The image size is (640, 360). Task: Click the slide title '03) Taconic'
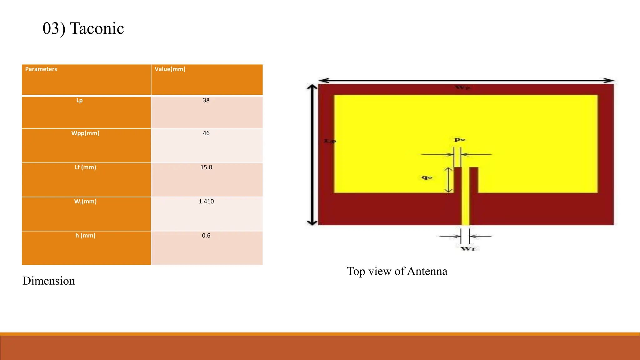pyautogui.click(x=83, y=28)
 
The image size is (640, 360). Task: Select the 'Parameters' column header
pyautogui.click(x=41, y=69)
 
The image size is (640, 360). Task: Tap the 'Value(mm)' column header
pyautogui.click(x=170, y=69)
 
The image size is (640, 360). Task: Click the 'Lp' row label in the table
pyautogui.click(x=79, y=100)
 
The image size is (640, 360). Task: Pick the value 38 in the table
pyautogui.click(x=206, y=100)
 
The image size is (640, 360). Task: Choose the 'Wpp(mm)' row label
pyautogui.click(x=85, y=133)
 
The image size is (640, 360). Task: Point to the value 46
pyautogui.click(x=206, y=133)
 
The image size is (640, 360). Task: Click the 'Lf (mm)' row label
pyautogui.click(x=85, y=167)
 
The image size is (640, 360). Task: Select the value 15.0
pyautogui.click(x=206, y=167)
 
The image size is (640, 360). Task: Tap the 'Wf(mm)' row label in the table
pyautogui.click(x=85, y=202)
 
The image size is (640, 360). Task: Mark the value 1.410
pyautogui.click(x=206, y=202)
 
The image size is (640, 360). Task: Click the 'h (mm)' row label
pyautogui.click(x=85, y=236)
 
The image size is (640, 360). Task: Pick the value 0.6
pyautogui.click(x=206, y=236)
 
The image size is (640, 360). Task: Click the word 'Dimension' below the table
pyautogui.click(x=49, y=281)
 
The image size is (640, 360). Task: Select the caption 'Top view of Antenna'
pyautogui.click(x=397, y=271)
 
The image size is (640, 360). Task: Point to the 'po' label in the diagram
pyautogui.click(x=459, y=139)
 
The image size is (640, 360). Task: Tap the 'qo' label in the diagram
pyautogui.click(x=427, y=177)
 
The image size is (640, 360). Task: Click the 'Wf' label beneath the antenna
pyautogui.click(x=468, y=249)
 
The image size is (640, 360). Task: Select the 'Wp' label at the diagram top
pyautogui.click(x=462, y=87)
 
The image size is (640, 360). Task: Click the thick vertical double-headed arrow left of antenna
pyautogui.click(x=312, y=155)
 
